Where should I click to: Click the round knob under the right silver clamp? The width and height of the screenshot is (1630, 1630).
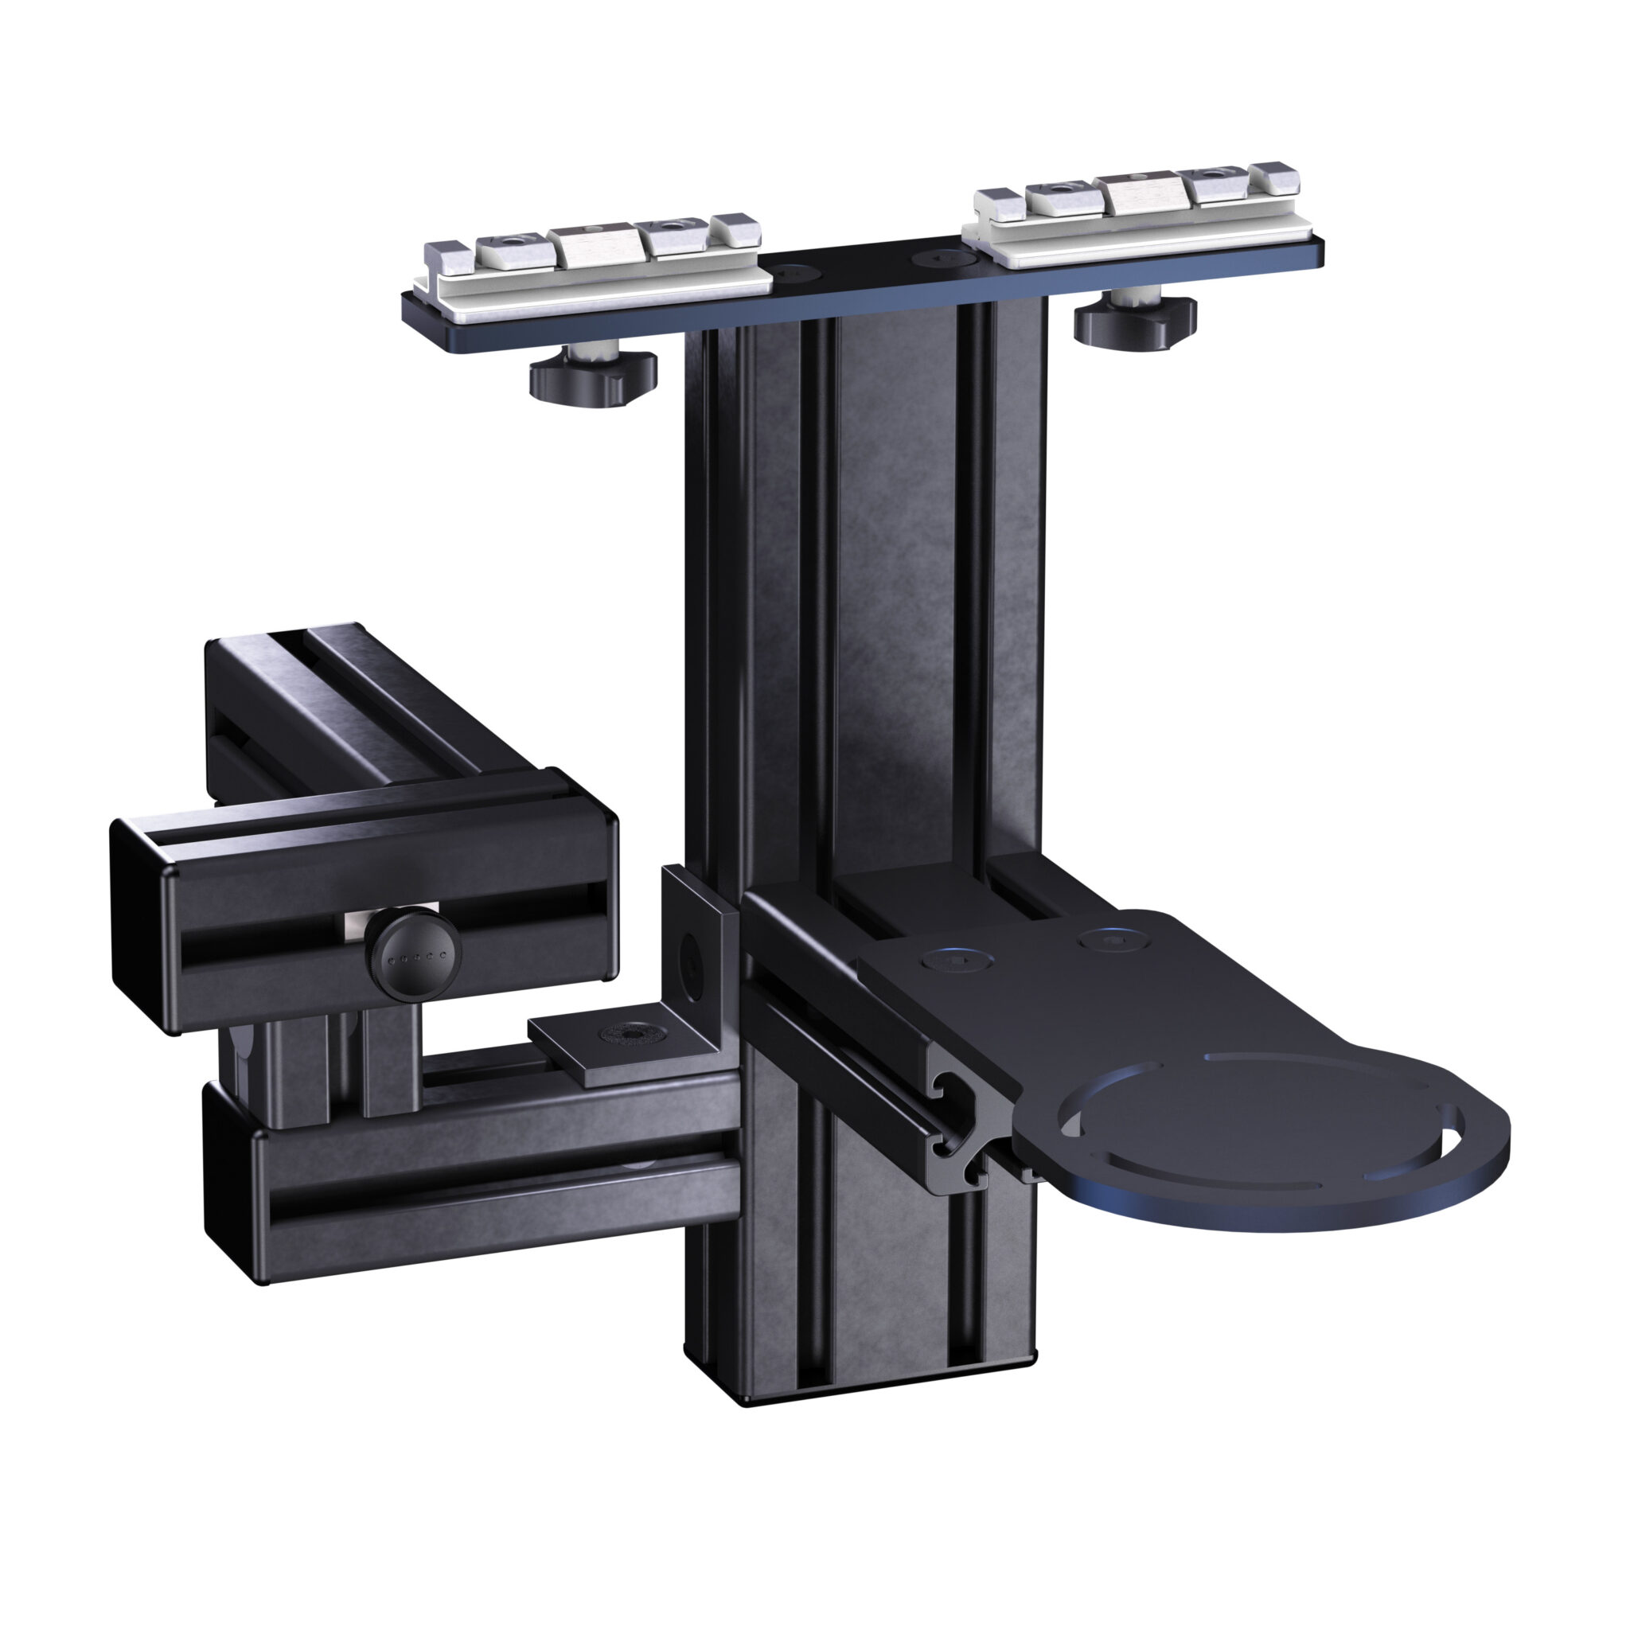tap(1135, 321)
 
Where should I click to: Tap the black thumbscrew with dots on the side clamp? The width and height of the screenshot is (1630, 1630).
tap(413, 957)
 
